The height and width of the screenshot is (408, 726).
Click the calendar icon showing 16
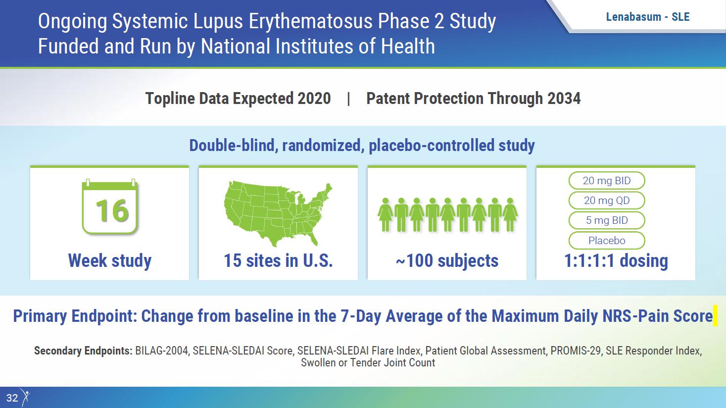(110, 206)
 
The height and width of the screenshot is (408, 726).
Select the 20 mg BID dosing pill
(607, 181)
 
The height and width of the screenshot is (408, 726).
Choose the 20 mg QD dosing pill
(607, 201)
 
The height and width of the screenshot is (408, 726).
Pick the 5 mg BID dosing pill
(607, 220)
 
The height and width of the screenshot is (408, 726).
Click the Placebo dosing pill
(607, 240)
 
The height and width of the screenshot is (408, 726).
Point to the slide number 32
(12, 398)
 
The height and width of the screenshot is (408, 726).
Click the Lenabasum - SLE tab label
(648, 17)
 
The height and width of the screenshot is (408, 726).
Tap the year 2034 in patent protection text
(564, 99)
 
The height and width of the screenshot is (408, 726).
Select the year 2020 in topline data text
(314, 99)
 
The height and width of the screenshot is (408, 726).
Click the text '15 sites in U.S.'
(278, 261)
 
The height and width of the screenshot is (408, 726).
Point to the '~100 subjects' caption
(447, 261)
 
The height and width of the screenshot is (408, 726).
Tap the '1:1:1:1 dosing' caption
(616, 261)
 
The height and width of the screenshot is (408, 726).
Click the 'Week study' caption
(109, 261)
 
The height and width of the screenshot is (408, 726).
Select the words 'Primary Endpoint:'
(75, 316)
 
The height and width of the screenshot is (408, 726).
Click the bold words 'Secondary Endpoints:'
(83, 351)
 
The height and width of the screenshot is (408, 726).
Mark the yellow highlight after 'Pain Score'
(715, 315)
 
